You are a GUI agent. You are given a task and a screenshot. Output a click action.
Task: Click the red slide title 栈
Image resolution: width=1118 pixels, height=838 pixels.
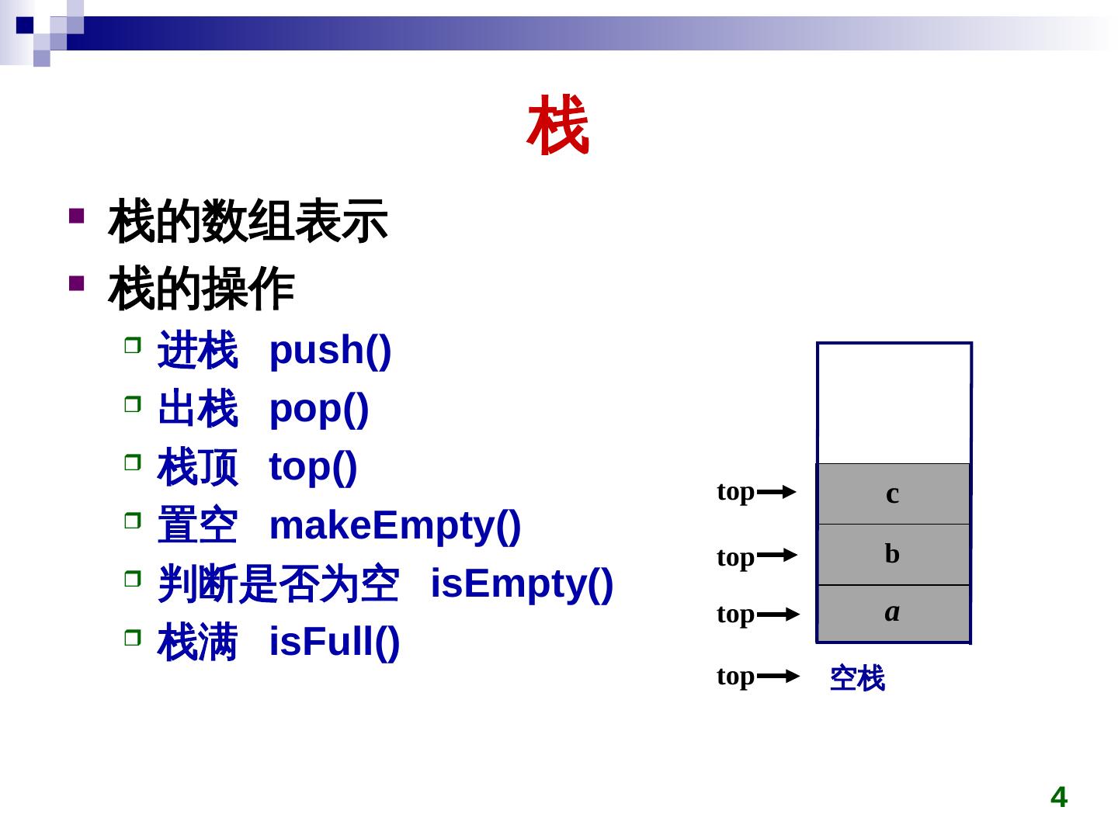558,126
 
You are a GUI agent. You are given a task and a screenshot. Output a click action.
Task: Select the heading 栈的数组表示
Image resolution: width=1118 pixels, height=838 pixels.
248,221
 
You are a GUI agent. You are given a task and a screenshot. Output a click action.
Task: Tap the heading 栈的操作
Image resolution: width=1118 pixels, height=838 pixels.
201,289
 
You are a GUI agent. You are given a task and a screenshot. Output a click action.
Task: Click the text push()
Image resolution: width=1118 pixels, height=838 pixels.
330,350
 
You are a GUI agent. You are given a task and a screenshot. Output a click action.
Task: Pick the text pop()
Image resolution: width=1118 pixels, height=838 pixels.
318,408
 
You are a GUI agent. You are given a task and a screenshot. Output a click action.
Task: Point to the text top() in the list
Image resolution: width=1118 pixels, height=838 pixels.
312,467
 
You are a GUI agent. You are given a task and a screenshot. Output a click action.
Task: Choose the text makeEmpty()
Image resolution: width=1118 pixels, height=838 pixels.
394,525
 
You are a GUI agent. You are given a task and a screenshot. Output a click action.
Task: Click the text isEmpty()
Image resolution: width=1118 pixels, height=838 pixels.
522,583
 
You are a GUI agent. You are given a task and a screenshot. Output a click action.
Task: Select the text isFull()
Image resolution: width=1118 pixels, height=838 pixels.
334,642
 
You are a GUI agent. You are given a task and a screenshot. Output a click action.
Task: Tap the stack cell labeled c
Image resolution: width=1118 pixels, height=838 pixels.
893,493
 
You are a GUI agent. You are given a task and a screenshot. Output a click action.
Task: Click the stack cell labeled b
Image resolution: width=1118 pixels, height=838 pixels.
893,554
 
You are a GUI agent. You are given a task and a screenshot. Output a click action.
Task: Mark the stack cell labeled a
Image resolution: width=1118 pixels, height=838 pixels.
893,613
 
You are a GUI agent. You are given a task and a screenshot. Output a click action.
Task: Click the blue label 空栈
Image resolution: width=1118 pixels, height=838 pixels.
857,678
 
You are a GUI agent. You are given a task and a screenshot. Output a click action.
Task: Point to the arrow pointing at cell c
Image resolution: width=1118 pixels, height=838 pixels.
776,492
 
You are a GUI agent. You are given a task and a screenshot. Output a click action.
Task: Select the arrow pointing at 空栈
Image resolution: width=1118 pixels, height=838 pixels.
778,677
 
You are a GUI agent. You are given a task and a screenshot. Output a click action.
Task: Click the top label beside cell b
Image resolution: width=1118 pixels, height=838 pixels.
735,557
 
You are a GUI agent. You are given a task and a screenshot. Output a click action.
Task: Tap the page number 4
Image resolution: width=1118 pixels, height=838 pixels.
1058,797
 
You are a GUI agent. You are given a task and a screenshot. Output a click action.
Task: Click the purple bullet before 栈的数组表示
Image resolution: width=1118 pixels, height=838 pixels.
76,215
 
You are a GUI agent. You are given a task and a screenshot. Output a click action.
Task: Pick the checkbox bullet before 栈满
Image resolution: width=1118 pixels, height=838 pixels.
133,638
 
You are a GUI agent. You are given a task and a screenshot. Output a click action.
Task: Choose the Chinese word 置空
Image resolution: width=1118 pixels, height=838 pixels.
197,526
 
